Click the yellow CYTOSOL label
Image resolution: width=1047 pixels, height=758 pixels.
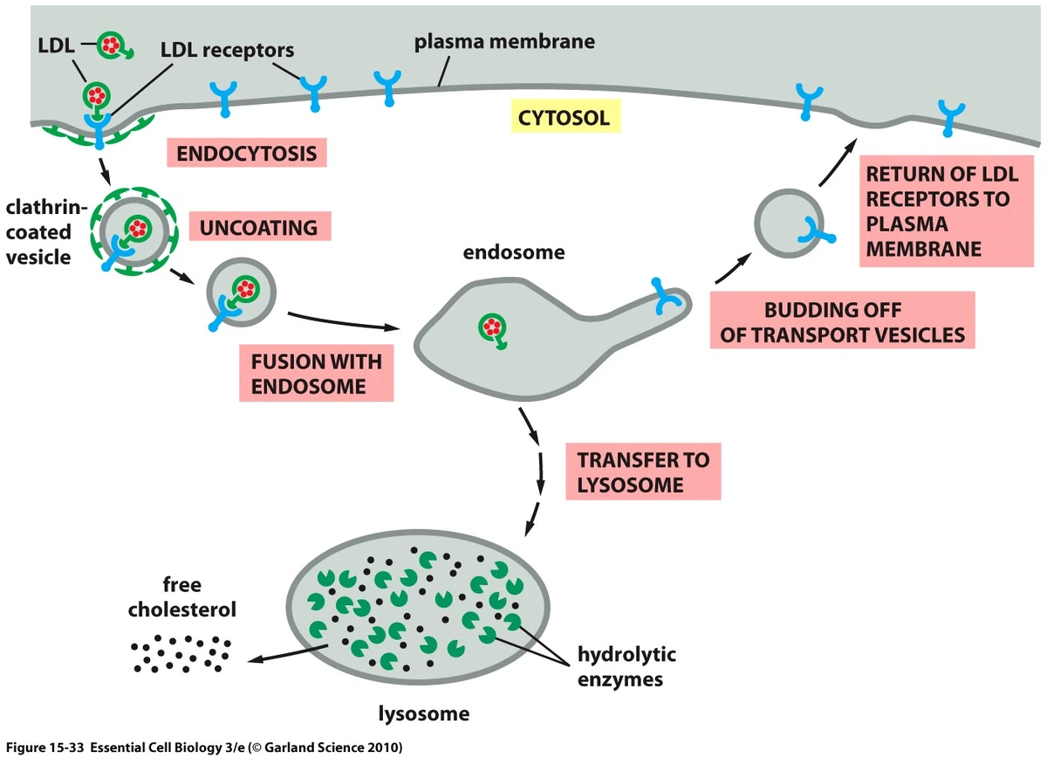click(x=564, y=116)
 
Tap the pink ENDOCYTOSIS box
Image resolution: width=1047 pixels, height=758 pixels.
click(x=247, y=154)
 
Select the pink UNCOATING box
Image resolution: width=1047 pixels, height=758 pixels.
click(x=261, y=228)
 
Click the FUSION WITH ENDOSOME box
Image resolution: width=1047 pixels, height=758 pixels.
click(x=316, y=373)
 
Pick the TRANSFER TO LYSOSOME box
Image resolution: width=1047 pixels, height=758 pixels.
click(x=643, y=472)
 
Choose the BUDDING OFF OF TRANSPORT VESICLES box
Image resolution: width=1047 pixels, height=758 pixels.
click(x=842, y=321)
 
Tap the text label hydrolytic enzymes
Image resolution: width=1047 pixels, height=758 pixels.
click(x=626, y=666)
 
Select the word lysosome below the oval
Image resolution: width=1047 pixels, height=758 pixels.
click(x=423, y=713)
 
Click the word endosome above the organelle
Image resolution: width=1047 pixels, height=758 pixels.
click(x=514, y=253)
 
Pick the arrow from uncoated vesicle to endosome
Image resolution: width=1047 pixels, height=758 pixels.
click(x=340, y=321)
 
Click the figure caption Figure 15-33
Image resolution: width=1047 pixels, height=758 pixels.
click(x=202, y=748)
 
